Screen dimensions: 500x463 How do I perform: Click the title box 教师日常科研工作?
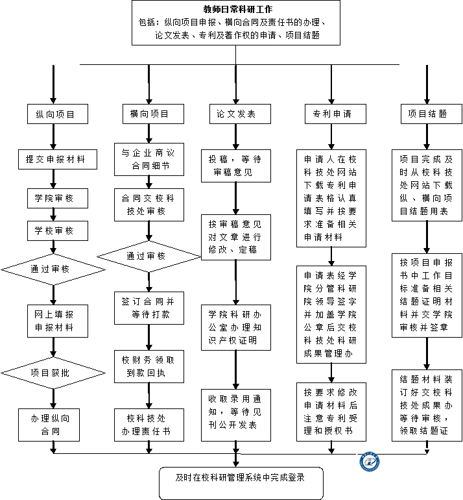[x=236, y=23]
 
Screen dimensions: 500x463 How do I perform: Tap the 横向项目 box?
[x=148, y=114]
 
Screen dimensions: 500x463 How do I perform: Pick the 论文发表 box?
[x=236, y=114]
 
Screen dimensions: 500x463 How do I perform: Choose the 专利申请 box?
[x=331, y=114]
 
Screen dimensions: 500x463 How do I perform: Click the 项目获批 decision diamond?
[x=53, y=372]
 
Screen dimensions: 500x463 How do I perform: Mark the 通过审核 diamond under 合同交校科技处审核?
[x=149, y=256]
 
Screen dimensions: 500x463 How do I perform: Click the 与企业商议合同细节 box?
[x=148, y=160]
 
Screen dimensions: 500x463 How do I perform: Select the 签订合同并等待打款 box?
[x=148, y=308]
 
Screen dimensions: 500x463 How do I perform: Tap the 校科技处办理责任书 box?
[x=148, y=425]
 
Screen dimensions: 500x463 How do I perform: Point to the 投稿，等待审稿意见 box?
[x=236, y=166]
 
